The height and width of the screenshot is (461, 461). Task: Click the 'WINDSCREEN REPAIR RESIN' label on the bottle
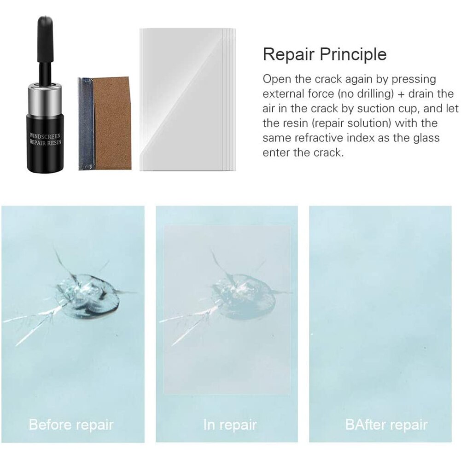click(x=47, y=140)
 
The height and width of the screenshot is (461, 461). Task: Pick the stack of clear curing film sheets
click(x=187, y=99)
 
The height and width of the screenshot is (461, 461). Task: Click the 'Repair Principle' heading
click(x=325, y=54)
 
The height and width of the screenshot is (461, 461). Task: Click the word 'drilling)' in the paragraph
click(x=367, y=94)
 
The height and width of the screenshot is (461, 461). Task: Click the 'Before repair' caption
click(x=71, y=424)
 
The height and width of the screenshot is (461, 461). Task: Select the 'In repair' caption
click(x=230, y=424)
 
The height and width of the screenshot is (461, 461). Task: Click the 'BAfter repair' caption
click(x=386, y=424)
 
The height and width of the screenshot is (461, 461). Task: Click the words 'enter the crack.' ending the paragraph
click(x=303, y=152)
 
